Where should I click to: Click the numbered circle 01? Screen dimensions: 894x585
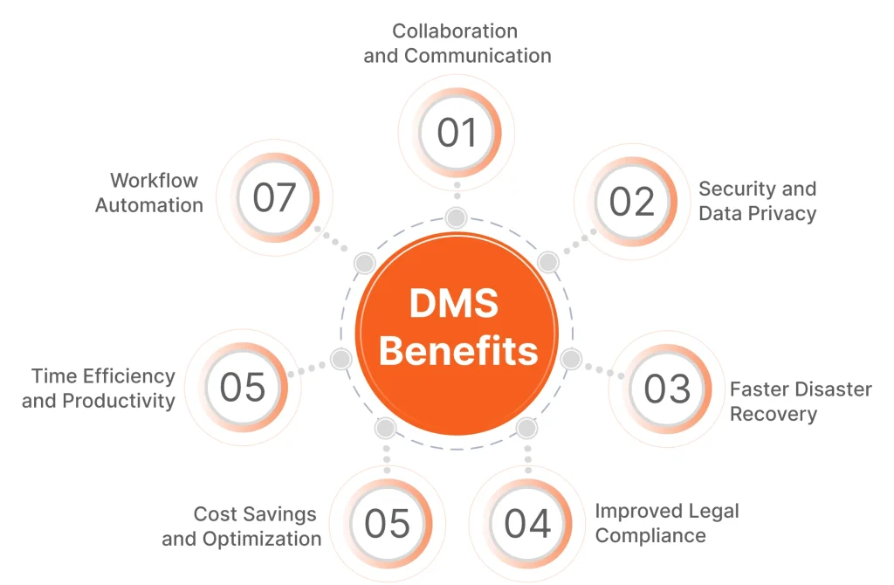(x=457, y=134)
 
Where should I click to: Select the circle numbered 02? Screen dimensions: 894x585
(x=631, y=202)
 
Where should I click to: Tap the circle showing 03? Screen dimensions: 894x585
(x=666, y=389)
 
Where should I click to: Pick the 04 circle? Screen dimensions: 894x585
(x=527, y=523)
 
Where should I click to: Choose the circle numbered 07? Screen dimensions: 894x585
(x=274, y=197)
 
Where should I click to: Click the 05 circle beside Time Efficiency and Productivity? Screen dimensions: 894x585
(x=243, y=387)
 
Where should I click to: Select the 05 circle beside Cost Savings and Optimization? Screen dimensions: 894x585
(x=386, y=523)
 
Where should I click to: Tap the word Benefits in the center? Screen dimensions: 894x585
(x=458, y=351)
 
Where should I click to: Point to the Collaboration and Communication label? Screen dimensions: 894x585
(x=457, y=44)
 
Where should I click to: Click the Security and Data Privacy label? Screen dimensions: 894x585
(x=757, y=201)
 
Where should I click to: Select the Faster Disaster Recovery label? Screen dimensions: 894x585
(x=801, y=402)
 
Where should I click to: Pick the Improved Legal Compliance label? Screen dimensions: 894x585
(x=666, y=523)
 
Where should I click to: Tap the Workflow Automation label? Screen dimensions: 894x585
(x=149, y=193)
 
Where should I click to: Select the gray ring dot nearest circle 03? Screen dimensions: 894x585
(x=571, y=359)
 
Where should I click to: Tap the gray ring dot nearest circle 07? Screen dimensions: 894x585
(x=364, y=262)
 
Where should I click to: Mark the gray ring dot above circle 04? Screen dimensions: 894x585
(x=527, y=429)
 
